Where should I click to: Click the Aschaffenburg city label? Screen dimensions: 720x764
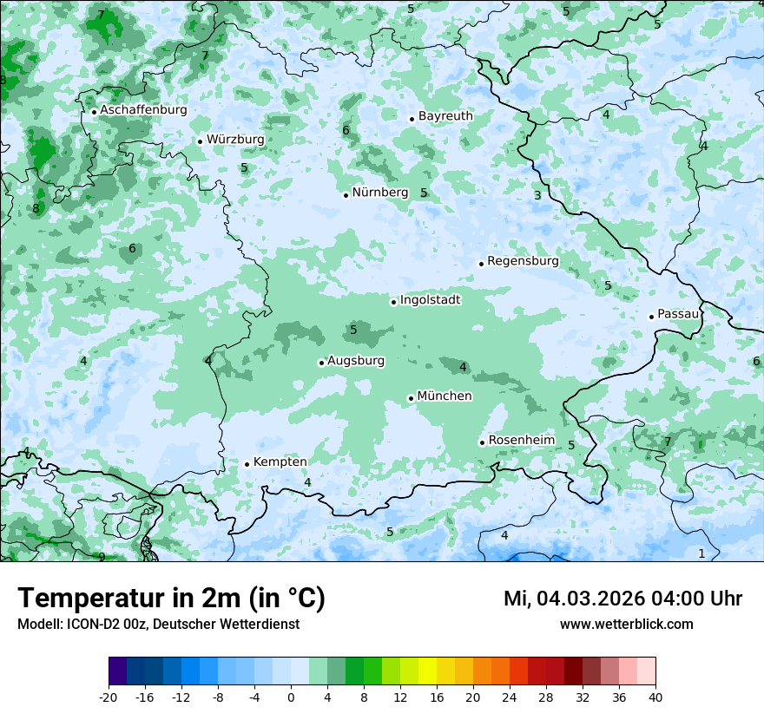(x=143, y=110)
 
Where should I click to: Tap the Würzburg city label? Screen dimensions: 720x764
(x=235, y=139)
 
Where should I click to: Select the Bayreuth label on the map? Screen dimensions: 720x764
(x=445, y=116)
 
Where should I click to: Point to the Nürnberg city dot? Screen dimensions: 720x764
(x=346, y=195)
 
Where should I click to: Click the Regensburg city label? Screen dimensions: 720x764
(x=523, y=261)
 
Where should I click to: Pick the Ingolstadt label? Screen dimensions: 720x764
(x=430, y=300)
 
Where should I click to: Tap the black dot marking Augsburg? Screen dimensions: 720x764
(x=321, y=363)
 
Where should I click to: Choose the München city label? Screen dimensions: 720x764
(x=445, y=396)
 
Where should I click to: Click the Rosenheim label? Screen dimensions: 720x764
(x=521, y=441)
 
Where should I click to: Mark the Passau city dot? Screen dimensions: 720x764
(x=651, y=317)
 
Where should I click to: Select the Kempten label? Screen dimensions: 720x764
(x=280, y=462)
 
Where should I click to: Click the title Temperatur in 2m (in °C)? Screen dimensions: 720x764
(x=171, y=599)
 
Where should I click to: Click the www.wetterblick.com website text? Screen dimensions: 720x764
(x=626, y=625)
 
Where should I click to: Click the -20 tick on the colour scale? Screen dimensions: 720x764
(x=108, y=697)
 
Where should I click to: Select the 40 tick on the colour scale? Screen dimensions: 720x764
(x=655, y=697)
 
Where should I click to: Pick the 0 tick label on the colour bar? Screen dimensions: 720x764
(x=291, y=697)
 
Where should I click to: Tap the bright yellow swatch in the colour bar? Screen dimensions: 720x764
(x=427, y=671)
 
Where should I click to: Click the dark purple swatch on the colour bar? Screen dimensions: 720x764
(x=117, y=671)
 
